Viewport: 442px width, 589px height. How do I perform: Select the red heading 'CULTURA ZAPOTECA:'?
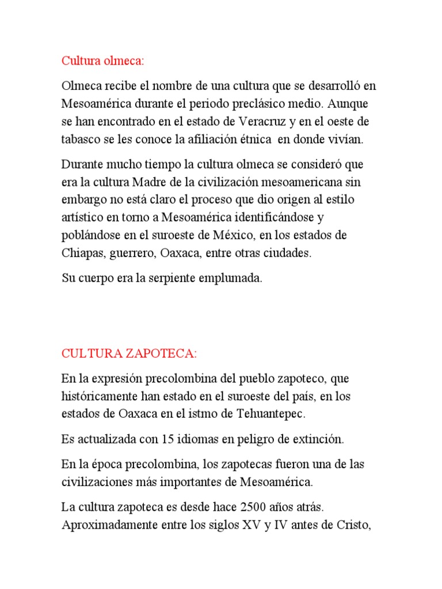click(129, 353)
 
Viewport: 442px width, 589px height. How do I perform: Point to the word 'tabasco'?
click(80, 139)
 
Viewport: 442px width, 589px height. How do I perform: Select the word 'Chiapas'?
click(82, 253)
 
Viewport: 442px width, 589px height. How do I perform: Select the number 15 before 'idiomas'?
click(167, 439)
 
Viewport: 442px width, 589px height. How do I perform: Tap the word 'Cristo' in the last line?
click(347, 525)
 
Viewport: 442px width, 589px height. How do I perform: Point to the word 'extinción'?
click(318, 439)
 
